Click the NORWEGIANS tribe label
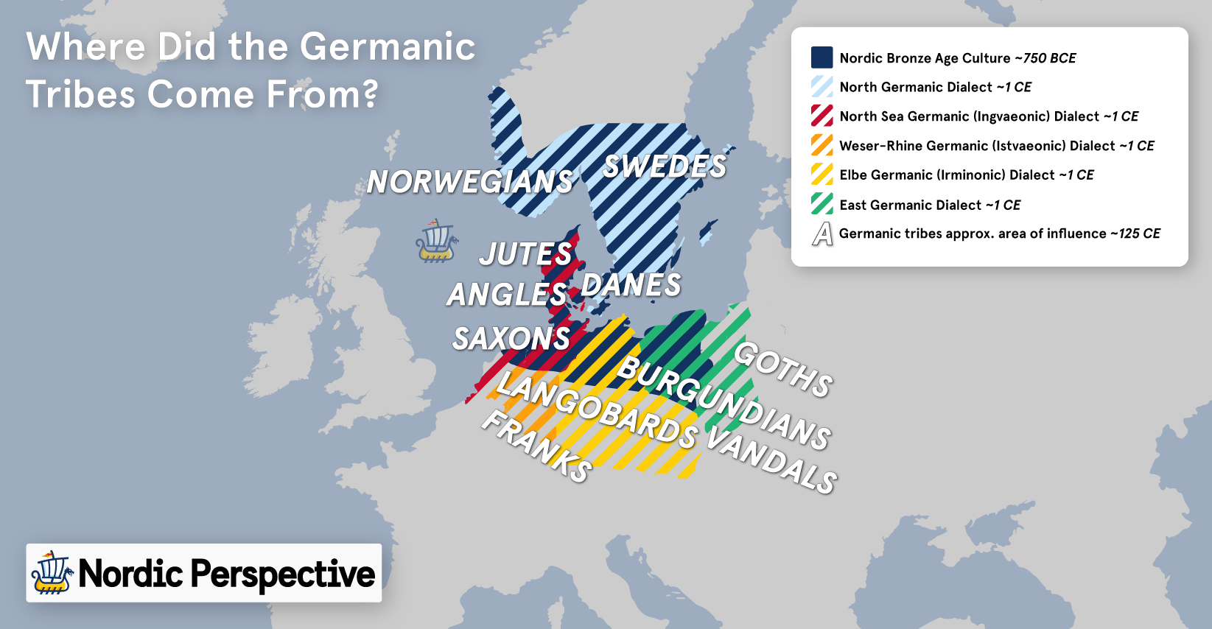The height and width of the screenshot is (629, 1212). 469,182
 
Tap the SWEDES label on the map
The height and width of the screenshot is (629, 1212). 665,166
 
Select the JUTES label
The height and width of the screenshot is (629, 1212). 525,254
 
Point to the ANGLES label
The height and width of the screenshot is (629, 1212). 507,295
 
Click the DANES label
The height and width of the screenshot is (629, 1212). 631,286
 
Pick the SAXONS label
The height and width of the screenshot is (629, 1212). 511,339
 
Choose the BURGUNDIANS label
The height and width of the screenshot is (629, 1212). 724,402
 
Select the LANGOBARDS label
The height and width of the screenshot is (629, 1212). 596,409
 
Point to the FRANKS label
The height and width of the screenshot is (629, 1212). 536,446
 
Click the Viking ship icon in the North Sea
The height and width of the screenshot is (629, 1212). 436,241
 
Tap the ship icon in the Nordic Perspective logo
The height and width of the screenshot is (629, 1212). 52,573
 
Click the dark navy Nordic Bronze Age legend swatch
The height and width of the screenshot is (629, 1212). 822,57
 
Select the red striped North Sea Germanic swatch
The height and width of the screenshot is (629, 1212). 822,116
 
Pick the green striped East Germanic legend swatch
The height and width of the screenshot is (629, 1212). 822,204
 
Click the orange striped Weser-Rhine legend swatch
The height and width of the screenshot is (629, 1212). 822,145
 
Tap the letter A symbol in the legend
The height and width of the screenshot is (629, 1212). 822,234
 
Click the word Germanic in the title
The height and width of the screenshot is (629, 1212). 388,47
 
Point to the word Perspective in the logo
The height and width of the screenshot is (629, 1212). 283,574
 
